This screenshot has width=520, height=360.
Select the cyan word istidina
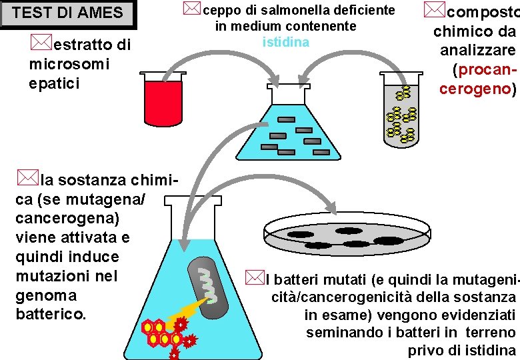[286, 43]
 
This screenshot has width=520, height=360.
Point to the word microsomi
[69, 64]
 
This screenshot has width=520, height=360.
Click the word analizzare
[477, 50]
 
